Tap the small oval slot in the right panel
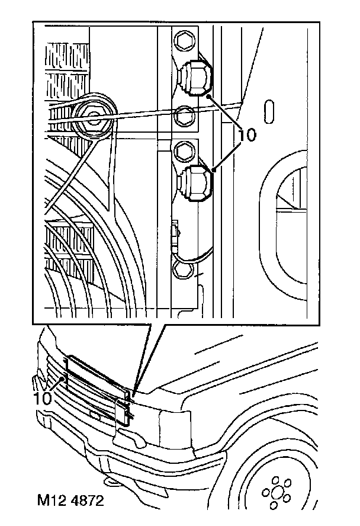click(x=270, y=110)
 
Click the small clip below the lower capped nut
click(x=176, y=231)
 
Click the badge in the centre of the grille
click(x=94, y=413)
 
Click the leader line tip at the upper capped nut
click(x=209, y=95)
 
